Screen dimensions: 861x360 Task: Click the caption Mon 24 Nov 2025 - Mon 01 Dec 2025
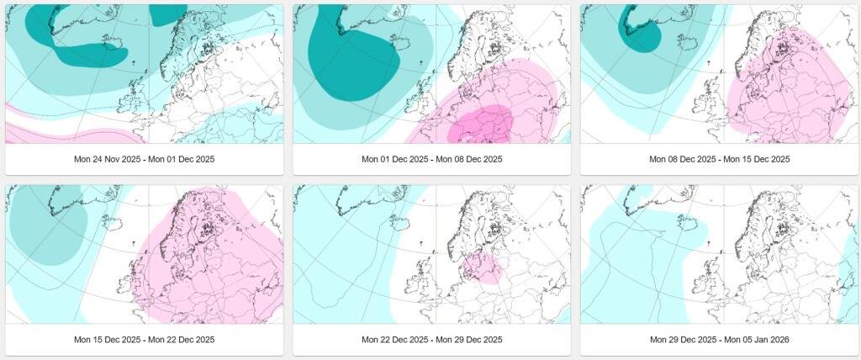145,159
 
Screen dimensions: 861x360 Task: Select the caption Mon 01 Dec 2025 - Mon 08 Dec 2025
431,159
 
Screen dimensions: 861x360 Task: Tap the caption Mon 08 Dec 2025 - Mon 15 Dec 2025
720,159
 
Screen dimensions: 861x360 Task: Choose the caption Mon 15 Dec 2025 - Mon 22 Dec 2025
145,340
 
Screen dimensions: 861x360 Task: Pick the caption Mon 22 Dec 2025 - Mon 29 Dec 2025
431,340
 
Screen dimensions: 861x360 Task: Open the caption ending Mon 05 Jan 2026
720,340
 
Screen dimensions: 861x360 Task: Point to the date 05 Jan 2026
765,340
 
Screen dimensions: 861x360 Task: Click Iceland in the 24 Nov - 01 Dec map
112,42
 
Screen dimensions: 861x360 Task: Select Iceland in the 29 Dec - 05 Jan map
686,222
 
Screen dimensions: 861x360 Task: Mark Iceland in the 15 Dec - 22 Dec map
112,222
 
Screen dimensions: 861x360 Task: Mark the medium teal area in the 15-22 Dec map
47,225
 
